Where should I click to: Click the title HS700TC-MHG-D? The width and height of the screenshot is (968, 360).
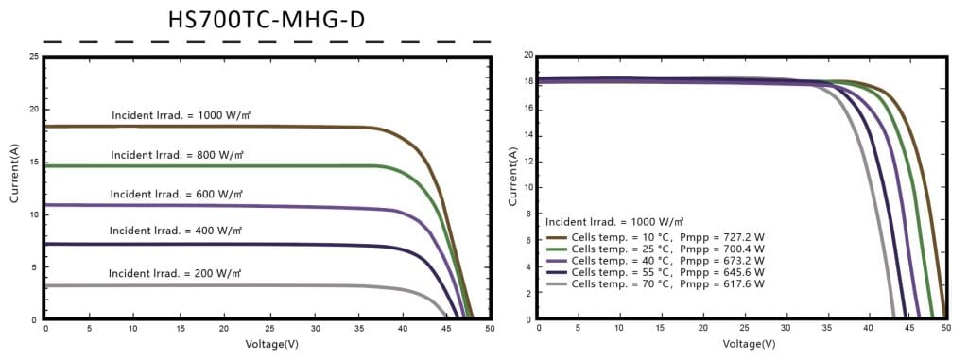click(x=266, y=18)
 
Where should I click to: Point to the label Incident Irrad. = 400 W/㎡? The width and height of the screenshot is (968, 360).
click(x=176, y=231)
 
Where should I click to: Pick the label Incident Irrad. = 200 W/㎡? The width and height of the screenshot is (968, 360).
click(x=175, y=273)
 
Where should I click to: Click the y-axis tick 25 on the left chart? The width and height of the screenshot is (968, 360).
click(x=33, y=58)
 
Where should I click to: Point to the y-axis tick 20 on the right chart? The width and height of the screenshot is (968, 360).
click(x=527, y=56)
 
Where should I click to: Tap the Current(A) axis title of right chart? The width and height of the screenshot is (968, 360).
click(x=512, y=178)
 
